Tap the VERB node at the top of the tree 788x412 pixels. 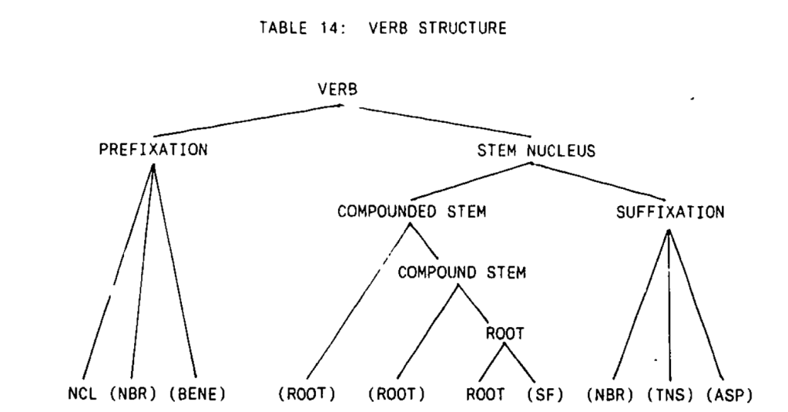coord(337,89)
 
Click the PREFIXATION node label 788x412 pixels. coord(153,150)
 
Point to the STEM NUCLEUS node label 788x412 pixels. coord(536,151)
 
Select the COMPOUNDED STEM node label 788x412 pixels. coord(411,213)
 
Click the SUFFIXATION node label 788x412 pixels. coord(670,213)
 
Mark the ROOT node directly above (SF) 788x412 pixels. coord(505,333)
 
